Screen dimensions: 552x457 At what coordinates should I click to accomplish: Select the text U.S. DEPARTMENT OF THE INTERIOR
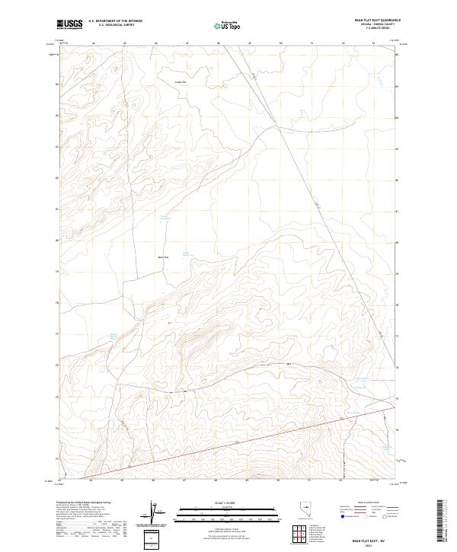115,21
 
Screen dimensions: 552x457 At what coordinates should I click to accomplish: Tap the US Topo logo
228,25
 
